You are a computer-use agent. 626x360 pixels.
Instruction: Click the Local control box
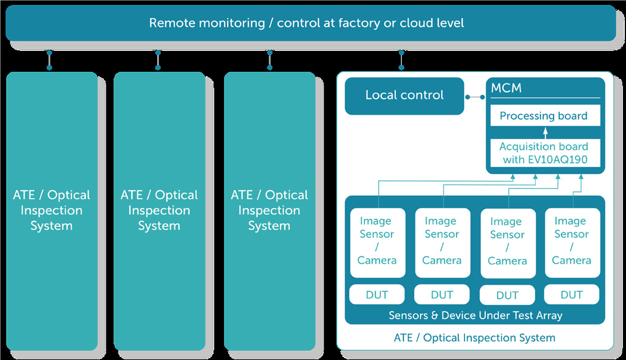tap(404, 96)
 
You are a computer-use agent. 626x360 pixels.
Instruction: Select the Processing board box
tap(545, 116)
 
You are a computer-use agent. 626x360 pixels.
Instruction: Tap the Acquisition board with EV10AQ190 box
tap(545, 153)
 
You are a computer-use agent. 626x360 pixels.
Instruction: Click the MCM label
tap(506, 88)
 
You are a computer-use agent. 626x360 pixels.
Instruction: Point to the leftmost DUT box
tap(377, 294)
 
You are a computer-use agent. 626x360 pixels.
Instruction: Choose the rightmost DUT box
tap(572, 294)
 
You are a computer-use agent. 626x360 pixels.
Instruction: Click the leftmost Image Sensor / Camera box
tap(377, 243)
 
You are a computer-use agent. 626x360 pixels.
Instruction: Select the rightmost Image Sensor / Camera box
tap(573, 243)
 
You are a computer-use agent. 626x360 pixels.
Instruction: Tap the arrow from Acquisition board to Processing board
tap(545, 133)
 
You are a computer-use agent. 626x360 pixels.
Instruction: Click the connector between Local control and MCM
tap(475, 97)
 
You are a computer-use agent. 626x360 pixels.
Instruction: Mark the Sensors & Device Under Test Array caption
tap(476, 315)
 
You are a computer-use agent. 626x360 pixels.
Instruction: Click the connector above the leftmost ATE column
tap(49, 60)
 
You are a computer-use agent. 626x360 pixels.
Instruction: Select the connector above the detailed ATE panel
tap(401, 60)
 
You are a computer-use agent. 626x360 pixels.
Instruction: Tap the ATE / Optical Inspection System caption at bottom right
tap(474, 338)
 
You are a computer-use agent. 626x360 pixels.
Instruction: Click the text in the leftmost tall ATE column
tap(52, 210)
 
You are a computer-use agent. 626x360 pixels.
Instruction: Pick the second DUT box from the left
tap(442, 294)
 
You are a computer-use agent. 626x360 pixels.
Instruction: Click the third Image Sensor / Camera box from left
tap(508, 243)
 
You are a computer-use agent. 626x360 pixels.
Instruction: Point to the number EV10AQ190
tap(558, 159)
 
